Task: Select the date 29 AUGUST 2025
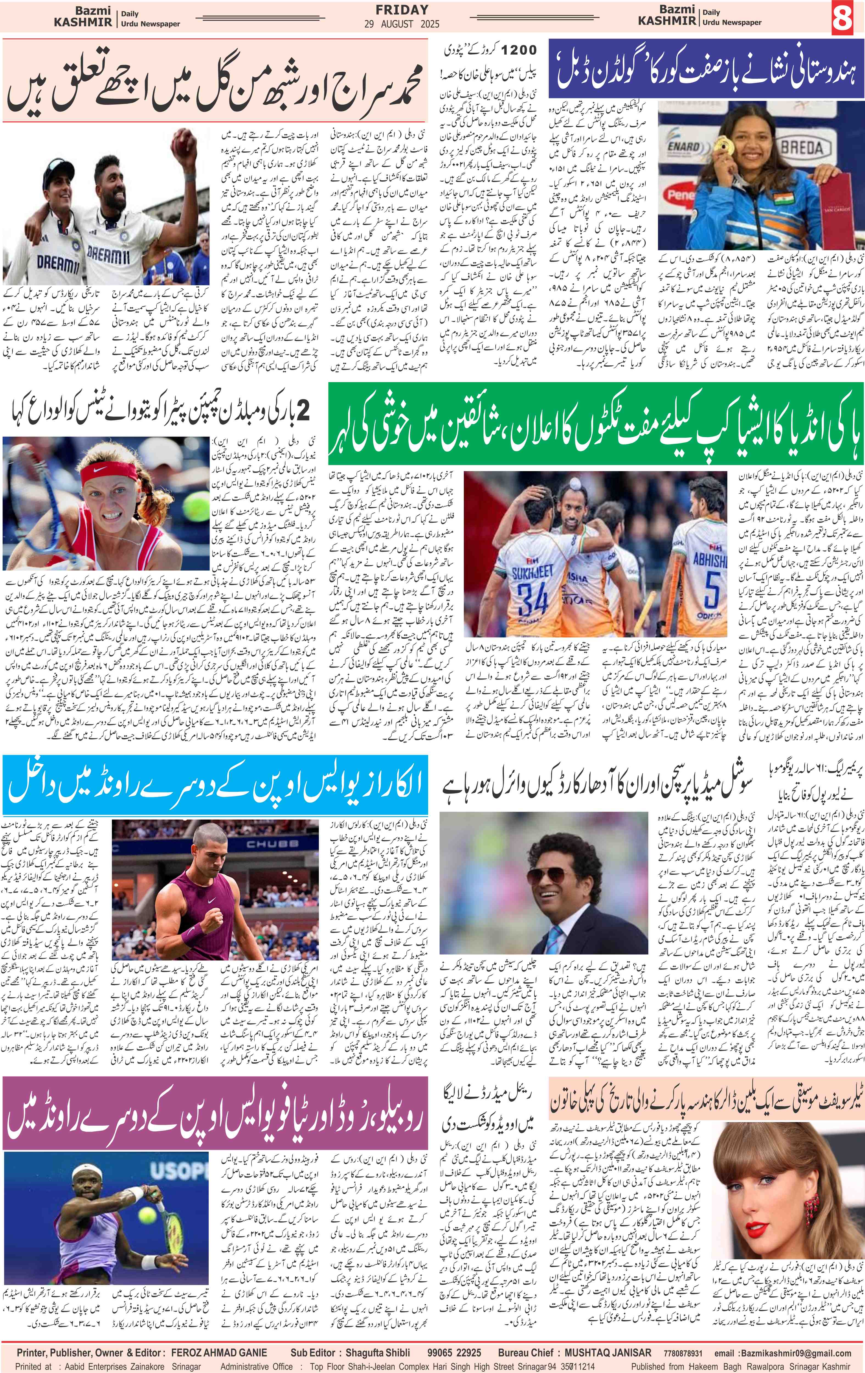[402, 24]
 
